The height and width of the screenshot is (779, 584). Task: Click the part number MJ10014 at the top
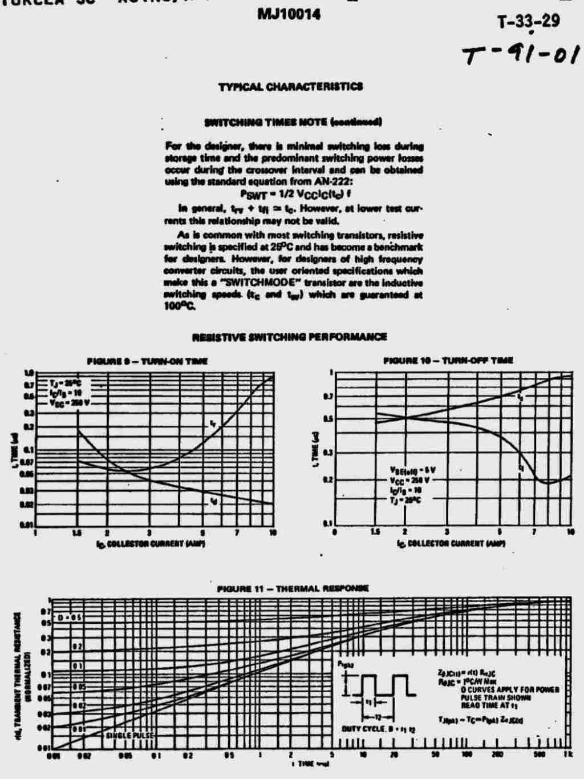(289, 14)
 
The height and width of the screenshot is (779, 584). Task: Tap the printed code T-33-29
(528, 22)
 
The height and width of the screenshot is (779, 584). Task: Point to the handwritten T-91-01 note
(521, 55)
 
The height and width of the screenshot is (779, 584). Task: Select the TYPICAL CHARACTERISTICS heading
(290, 87)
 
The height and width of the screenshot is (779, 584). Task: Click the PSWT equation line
(295, 193)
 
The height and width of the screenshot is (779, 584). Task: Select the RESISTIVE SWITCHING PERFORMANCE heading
(289, 337)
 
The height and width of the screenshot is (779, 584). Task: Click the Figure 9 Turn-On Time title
(147, 361)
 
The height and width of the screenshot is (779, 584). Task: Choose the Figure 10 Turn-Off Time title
(448, 360)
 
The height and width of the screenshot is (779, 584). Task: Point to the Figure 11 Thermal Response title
(293, 588)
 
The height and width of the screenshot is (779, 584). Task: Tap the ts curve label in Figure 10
(520, 395)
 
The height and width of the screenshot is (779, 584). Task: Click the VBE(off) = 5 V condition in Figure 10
(412, 470)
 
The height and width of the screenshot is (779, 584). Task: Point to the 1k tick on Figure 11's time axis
(567, 755)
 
